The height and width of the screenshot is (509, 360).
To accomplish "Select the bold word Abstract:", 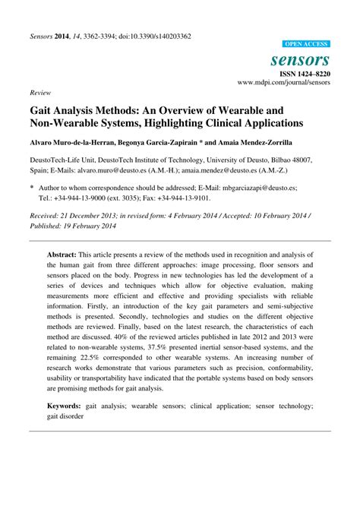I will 65,254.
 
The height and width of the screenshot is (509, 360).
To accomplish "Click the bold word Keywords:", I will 68,406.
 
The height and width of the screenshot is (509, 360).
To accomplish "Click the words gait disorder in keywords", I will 65,416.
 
